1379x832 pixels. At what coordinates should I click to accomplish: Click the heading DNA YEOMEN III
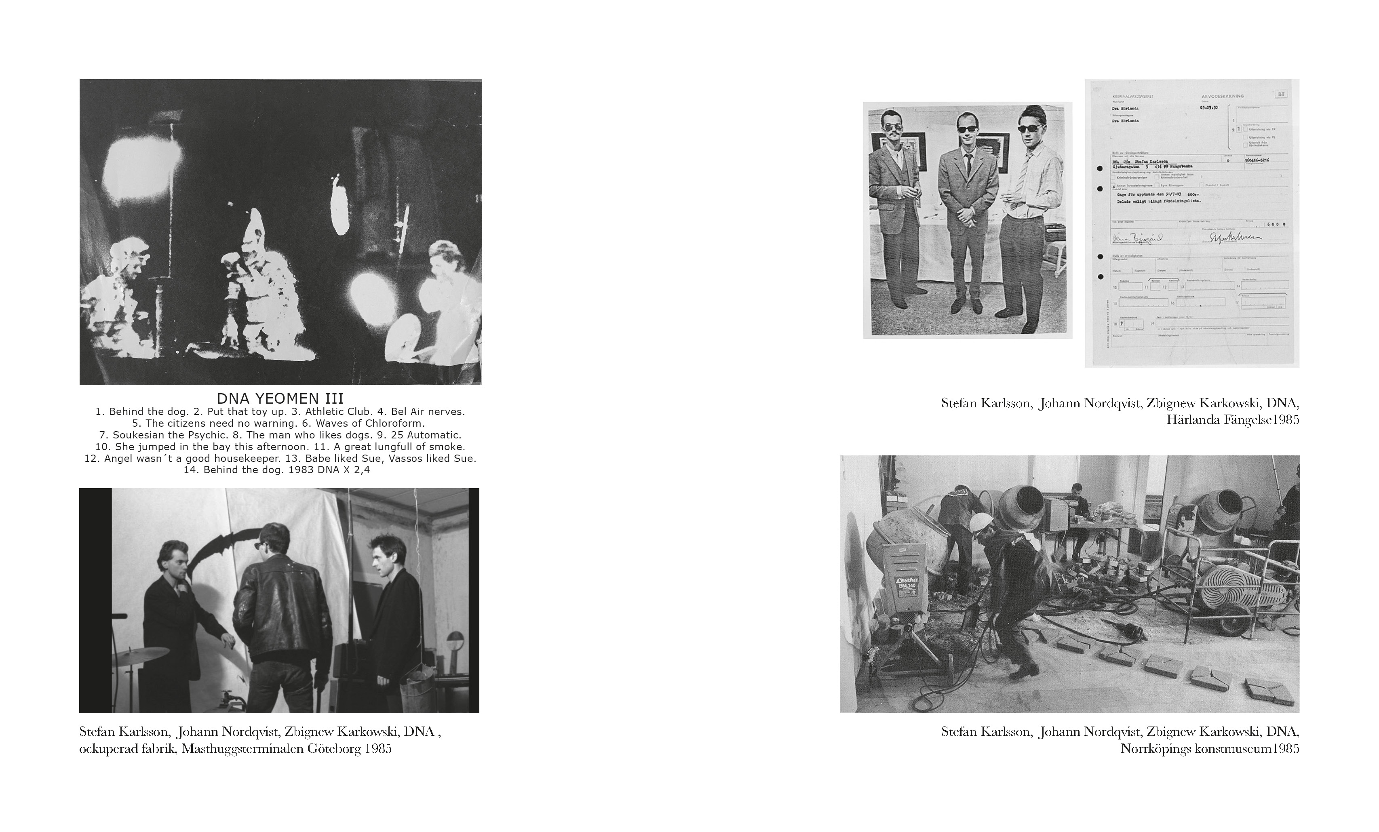click(x=280, y=398)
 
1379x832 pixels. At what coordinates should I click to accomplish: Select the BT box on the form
click(x=1280, y=95)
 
